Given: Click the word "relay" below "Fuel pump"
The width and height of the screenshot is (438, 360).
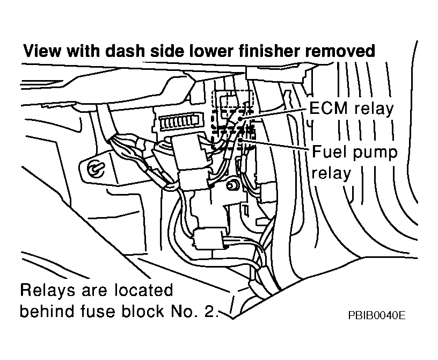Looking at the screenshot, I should point(331,174).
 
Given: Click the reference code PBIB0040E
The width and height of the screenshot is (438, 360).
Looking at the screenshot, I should point(376,315).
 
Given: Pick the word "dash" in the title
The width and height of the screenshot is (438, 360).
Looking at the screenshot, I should point(122,52).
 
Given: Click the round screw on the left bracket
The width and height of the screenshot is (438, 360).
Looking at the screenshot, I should point(95,168).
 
